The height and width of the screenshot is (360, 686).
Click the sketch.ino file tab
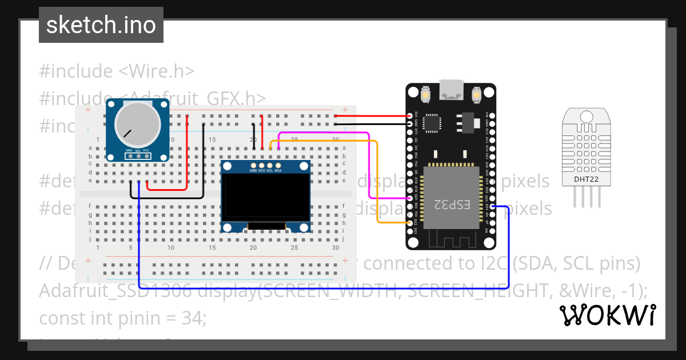101,25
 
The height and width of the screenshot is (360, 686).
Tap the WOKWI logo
607,315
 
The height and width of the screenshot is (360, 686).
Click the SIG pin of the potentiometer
138,155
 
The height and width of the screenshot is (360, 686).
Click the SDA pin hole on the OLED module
278,165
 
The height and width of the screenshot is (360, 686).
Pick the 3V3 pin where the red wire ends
410,115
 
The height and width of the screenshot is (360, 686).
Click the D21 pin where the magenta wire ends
410,198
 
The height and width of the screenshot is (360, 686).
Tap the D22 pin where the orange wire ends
410,222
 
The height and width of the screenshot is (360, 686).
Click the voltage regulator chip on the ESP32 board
464,121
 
